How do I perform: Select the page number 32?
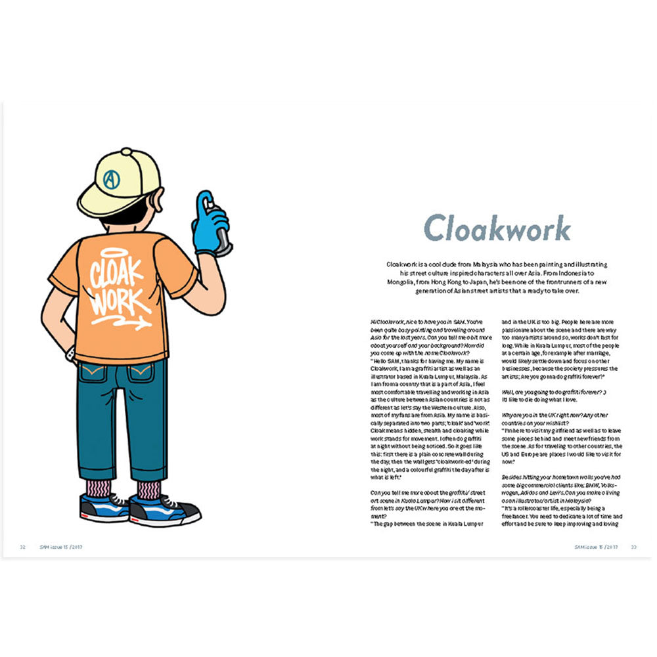click(x=22, y=547)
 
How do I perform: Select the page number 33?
click(x=634, y=547)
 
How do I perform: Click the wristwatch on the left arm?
click(x=70, y=355)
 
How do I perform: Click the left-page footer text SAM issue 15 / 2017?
click(x=64, y=547)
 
